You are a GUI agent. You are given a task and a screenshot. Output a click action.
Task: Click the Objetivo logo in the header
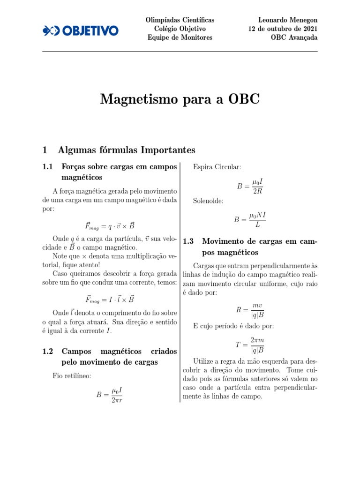point(80,30)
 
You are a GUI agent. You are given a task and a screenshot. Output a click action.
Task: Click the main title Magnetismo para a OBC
point(180,99)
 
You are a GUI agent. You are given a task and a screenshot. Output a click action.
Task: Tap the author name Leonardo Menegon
point(288,20)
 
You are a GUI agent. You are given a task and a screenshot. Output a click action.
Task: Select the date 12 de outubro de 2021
point(283,29)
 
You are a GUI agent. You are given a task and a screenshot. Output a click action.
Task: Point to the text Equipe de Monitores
point(180,37)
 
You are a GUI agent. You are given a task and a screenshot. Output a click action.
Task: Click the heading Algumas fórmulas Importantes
point(126,150)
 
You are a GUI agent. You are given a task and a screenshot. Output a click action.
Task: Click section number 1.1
point(48,166)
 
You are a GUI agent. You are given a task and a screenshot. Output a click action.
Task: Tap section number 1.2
point(48,351)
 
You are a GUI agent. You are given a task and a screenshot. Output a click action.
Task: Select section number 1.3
point(188,241)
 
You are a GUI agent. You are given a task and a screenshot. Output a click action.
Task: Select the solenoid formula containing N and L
point(250,219)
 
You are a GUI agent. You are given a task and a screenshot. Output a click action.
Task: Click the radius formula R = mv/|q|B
point(250,310)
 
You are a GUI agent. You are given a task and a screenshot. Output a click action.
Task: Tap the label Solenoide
point(208,201)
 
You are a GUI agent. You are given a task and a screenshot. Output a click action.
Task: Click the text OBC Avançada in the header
point(294,37)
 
